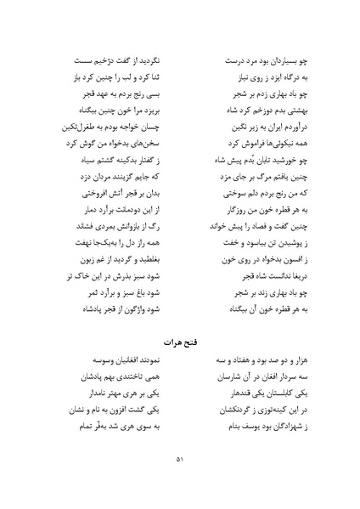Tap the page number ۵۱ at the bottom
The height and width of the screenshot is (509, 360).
pos(179,461)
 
